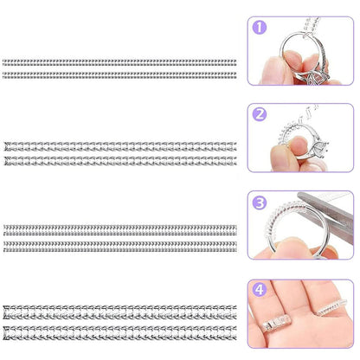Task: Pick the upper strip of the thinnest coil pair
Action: [119, 62]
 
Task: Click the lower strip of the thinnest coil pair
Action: [119, 74]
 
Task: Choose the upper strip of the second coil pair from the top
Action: [119, 144]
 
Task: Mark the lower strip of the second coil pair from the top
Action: [119, 160]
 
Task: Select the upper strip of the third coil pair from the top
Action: [119, 229]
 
